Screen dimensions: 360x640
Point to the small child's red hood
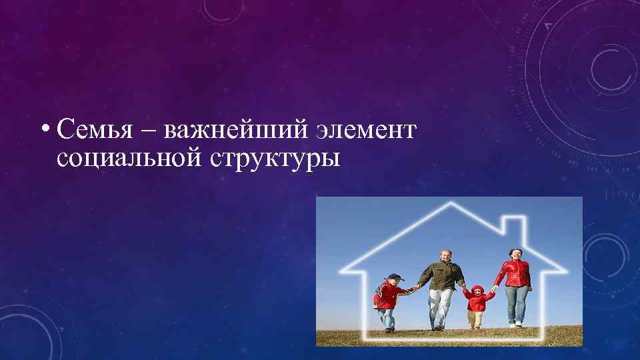pos(477,291)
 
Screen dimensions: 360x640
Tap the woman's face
pos(515,254)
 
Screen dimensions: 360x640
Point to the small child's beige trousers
pos(475,319)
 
